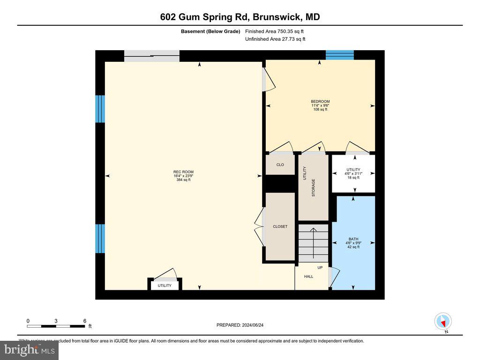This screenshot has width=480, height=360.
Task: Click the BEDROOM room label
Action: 320,102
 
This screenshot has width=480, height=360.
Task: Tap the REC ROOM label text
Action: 183,172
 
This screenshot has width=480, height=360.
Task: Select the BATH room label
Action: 353,239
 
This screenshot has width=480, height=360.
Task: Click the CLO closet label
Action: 280,165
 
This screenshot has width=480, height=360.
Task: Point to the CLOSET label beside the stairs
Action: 280,226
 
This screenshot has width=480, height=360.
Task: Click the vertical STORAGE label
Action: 314,187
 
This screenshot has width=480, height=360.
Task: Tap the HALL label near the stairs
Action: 308,277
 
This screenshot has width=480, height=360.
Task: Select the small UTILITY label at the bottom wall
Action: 165,285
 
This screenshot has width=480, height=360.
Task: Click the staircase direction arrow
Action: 314,239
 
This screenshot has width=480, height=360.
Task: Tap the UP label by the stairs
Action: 320,268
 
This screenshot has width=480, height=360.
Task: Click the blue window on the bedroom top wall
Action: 339,55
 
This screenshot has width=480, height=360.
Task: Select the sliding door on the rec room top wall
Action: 151,56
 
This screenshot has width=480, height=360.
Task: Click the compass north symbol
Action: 443,322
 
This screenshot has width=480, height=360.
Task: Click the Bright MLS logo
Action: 29,350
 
